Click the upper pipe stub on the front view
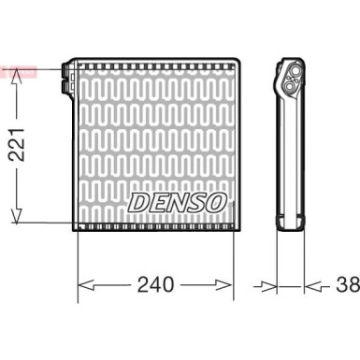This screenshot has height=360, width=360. pyautogui.click(x=67, y=70)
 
